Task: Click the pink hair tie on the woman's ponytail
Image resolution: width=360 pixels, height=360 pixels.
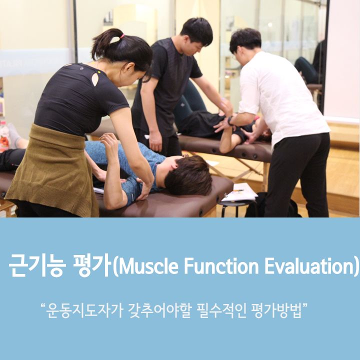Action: pos(122,36)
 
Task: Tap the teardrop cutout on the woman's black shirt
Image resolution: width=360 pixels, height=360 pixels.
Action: pos(95,79)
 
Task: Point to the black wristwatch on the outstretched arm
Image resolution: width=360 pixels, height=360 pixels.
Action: pos(230,120)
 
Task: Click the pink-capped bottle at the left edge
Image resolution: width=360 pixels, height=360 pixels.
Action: pos(4,135)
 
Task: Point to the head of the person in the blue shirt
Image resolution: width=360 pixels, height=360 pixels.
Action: pos(187,174)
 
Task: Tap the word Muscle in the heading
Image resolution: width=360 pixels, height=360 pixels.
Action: pos(148,266)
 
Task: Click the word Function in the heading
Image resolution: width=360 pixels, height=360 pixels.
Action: pos(221,266)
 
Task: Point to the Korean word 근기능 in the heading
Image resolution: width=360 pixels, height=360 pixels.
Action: pos(37,265)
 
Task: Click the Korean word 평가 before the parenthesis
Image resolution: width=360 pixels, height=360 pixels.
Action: pos(92,265)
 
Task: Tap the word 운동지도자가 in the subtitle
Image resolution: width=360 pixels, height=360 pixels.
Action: pos(84,311)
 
